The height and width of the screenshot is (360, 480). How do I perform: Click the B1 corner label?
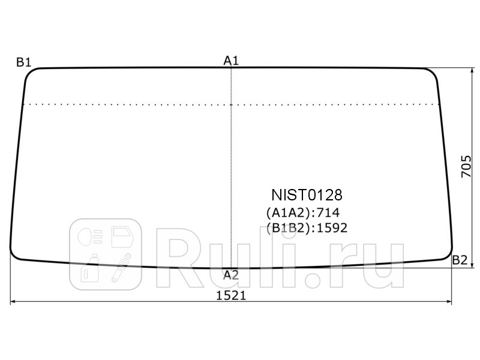point(24,62)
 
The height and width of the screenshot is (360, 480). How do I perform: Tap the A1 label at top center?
point(232,60)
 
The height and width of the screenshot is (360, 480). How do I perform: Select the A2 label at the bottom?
point(231,275)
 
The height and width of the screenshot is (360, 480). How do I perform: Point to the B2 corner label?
point(459,260)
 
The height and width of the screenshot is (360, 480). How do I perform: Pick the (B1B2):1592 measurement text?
point(307,228)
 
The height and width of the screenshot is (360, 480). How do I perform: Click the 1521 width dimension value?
point(231,296)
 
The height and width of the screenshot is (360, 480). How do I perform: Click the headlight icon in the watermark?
point(90,236)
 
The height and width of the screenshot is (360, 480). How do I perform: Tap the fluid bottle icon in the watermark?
point(91,268)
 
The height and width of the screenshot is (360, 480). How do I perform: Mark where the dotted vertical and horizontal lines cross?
point(232,104)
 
